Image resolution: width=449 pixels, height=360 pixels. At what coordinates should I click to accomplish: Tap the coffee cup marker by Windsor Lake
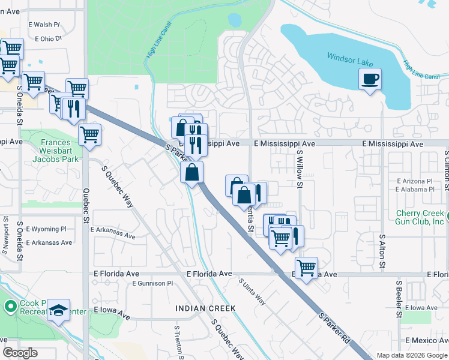click(x=370, y=79)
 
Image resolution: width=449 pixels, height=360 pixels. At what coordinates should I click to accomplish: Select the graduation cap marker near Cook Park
click(x=59, y=310)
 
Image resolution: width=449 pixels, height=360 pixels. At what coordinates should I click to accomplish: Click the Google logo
click(x=20, y=353)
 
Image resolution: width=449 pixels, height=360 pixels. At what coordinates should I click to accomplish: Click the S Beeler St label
click(x=398, y=298)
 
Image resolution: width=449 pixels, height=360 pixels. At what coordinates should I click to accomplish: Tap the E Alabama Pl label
click(x=414, y=190)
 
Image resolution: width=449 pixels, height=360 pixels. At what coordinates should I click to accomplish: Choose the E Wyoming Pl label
click(x=47, y=229)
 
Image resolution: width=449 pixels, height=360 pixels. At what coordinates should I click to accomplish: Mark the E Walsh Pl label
click(x=44, y=25)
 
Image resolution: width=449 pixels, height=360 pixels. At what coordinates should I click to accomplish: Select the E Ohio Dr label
click(x=49, y=38)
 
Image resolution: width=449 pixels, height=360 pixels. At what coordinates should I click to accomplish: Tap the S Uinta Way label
click(x=252, y=292)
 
